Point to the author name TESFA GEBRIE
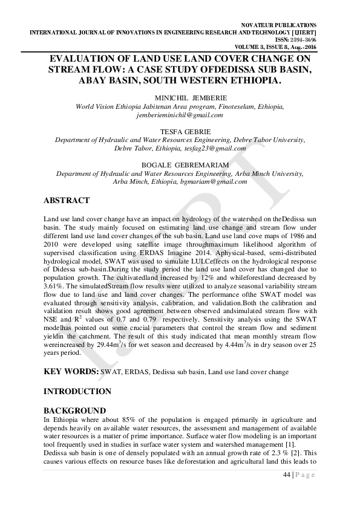click(x=180, y=131)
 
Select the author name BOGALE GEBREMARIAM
click(x=180, y=164)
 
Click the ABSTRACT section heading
click(x=67, y=201)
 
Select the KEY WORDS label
click(x=71, y=371)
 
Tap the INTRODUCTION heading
click(x=78, y=392)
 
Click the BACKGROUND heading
click(x=75, y=410)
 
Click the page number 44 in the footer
click(x=287, y=475)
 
